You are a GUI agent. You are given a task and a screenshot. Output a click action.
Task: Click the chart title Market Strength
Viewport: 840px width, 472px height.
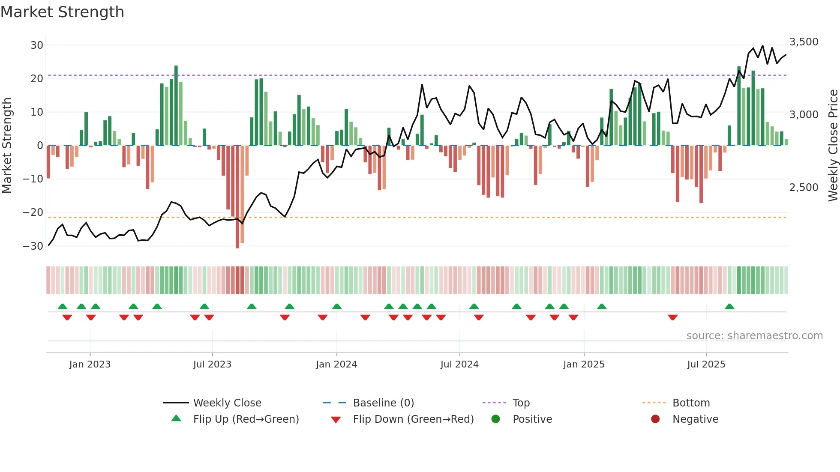62,12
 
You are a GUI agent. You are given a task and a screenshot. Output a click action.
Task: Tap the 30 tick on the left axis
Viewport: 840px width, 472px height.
37,45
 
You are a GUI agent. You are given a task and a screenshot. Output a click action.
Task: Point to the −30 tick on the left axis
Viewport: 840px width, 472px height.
33,246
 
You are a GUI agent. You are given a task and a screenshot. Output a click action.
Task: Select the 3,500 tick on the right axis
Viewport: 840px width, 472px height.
804,42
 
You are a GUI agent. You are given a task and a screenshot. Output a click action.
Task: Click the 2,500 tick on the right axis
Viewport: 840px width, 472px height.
804,188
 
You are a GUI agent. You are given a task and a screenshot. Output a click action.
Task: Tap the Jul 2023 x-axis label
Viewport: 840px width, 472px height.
212,364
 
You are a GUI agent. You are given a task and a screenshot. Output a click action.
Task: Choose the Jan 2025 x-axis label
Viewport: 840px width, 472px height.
584,364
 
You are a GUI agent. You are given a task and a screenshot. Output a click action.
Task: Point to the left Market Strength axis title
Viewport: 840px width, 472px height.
7,146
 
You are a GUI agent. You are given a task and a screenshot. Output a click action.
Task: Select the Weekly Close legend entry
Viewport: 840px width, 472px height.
227,403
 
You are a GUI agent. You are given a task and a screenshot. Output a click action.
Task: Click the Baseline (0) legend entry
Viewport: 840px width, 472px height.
383,403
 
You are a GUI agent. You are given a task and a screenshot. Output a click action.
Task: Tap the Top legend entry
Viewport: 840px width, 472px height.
521,403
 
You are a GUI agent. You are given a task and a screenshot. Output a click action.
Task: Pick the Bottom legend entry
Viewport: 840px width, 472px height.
691,403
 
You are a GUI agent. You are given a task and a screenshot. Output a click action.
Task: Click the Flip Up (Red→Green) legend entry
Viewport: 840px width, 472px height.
246,419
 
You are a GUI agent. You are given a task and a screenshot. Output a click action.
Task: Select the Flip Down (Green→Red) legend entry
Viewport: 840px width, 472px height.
413,419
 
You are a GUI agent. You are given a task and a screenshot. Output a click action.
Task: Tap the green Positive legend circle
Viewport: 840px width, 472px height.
496,419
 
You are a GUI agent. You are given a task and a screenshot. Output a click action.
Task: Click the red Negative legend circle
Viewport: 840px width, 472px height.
655,419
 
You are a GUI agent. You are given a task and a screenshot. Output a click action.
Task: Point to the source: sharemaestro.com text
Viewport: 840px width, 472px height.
754,336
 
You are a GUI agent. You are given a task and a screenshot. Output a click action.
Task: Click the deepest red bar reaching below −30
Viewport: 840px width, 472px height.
237,197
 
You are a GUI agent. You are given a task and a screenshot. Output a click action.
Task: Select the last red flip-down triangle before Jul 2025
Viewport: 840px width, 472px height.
672,317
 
